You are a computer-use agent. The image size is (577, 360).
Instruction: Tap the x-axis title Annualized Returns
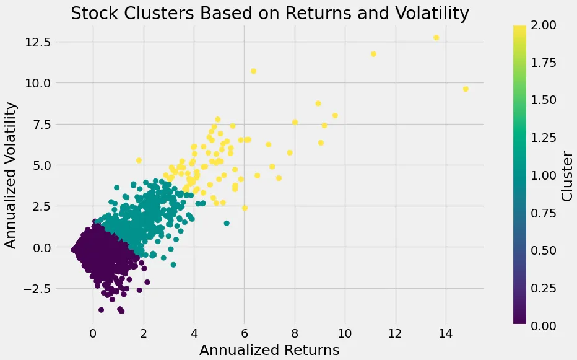tap(269, 350)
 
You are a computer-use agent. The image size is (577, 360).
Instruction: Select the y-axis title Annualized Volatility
tap(11, 175)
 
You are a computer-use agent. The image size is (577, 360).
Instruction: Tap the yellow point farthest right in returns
tap(466, 89)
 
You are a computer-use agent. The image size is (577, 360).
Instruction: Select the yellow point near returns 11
tap(373, 55)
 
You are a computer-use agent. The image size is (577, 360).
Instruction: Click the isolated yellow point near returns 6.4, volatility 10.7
tap(253, 71)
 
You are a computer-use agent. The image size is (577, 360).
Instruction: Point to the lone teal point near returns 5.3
tap(227, 223)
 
